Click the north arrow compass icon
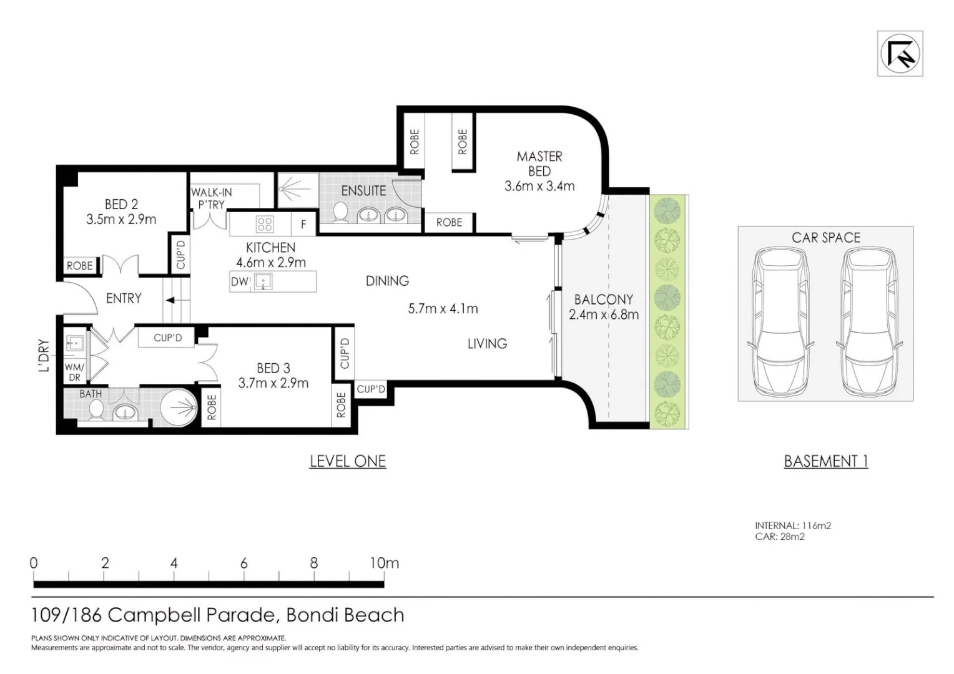point(900,54)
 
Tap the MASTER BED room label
point(539,164)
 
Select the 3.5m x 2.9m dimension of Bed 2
point(121,220)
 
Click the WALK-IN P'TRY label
point(212,198)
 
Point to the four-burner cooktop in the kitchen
point(265,224)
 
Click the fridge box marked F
point(303,224)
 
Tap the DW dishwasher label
point(239,281)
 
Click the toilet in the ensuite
point(341,212)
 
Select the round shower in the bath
point(179,408)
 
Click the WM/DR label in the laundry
point(74,373)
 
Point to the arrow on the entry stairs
point(170,301)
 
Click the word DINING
point(387,281)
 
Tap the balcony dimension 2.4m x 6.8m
point(603,315)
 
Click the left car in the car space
point(778,323)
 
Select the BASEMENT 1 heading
point(825,461)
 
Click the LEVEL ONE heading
point(348,461)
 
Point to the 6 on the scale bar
point(243,563)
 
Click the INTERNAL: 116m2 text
point(792,525)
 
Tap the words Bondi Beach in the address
point(345,615)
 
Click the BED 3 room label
point(273,368)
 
